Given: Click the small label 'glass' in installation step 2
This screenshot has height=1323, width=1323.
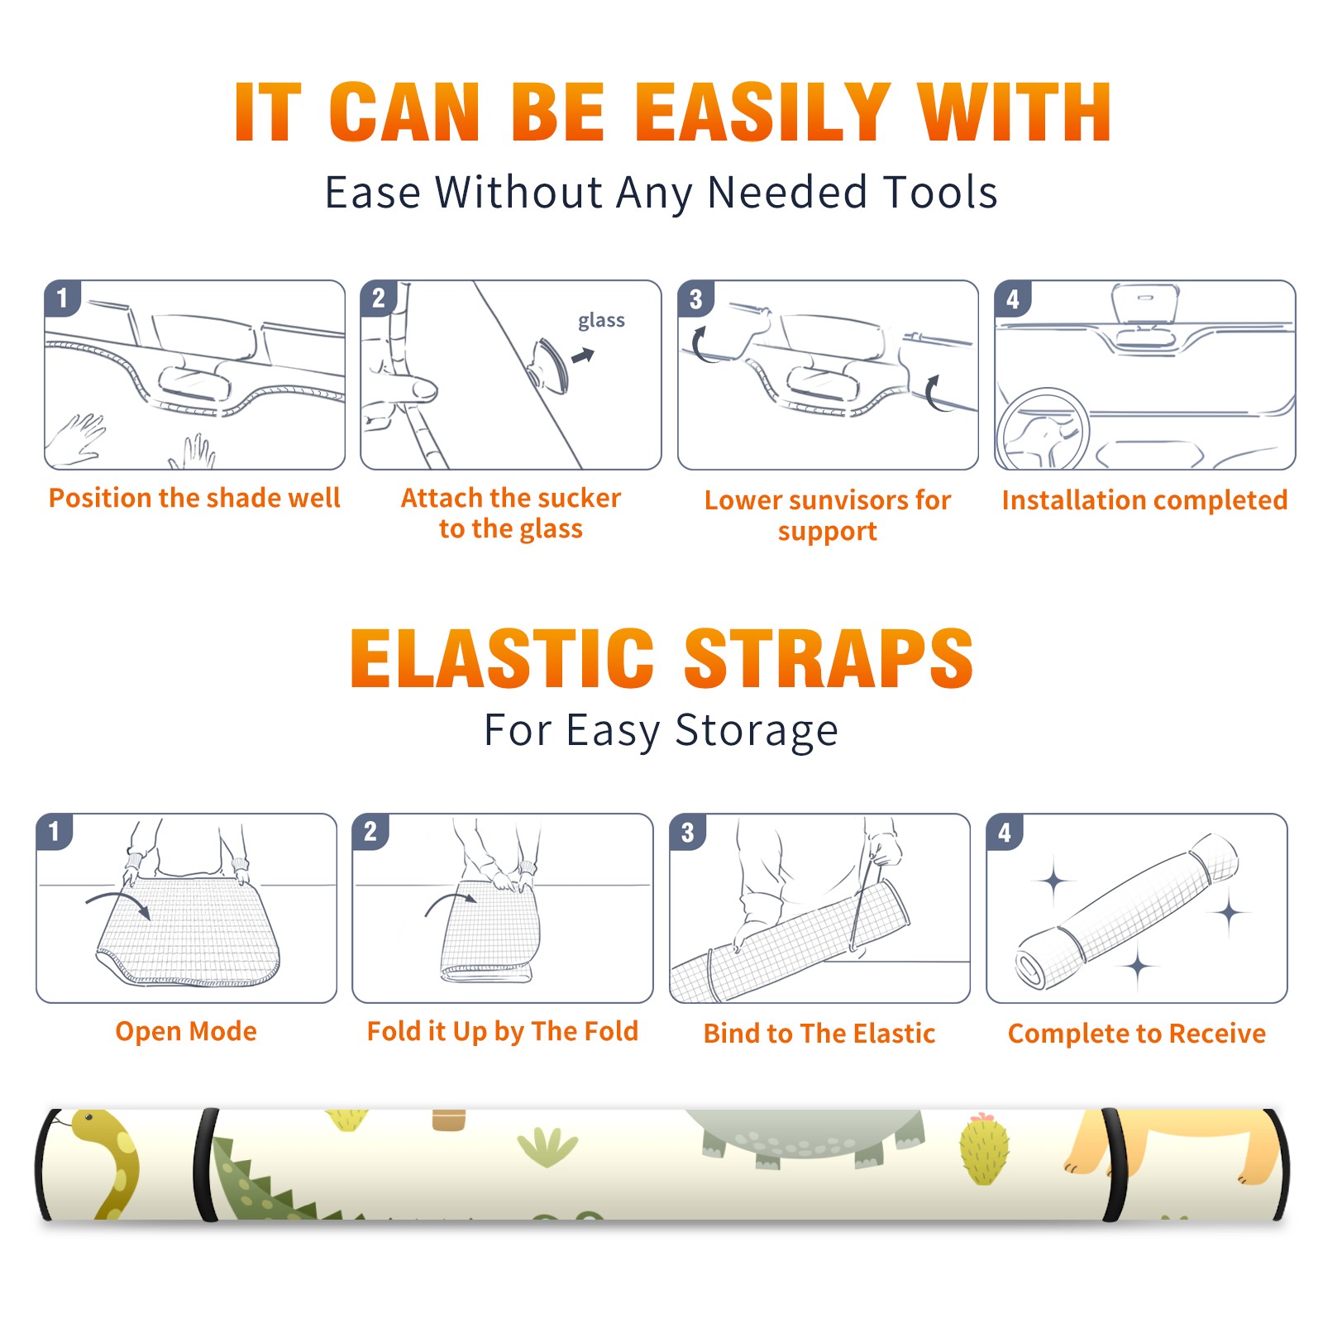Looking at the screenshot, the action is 601,321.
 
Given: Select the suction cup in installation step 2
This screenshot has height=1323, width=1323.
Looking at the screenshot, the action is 550,364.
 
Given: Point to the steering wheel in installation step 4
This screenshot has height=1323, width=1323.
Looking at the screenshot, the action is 1043,428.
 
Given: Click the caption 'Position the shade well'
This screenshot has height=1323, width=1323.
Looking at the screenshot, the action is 194,498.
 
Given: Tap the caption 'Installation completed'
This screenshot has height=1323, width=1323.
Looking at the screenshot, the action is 1144,499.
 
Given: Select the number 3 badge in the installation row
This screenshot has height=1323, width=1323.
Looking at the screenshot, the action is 695,299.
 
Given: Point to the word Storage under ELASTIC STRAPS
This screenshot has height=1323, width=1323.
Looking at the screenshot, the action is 757,731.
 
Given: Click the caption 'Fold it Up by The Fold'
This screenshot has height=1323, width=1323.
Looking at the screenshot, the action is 503,1031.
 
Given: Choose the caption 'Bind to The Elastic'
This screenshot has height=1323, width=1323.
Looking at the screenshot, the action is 819,1033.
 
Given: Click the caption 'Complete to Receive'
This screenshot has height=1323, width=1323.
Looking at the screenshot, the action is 1137,1033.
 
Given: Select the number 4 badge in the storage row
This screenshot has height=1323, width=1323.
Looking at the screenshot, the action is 1005,832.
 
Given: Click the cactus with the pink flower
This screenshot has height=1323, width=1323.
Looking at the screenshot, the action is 983,1149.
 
